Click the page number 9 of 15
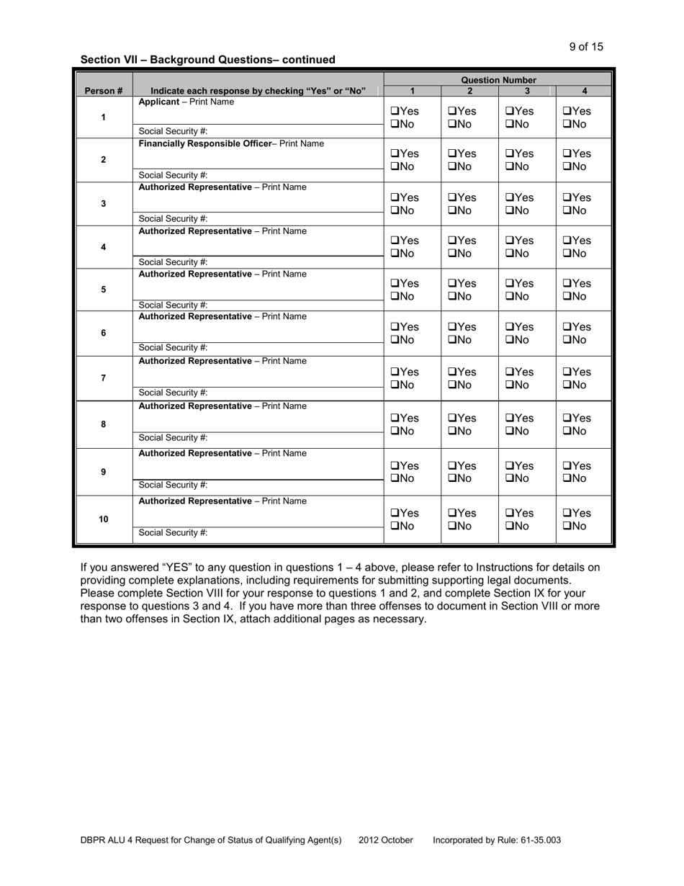[585, 47]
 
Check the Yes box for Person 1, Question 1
[394, 112]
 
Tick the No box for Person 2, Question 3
[509, 167]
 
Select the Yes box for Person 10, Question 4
[567, 514]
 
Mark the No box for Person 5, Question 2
[451, 297]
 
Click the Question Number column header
[498, 80]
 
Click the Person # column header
[104, 91]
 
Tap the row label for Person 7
[104, 378]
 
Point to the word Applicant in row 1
[158, 102]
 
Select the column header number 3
[527, 91]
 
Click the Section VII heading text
[207, 60]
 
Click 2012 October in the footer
[386, 840]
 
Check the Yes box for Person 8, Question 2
[451, 419]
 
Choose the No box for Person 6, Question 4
[567, 340]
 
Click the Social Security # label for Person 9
[173, 485]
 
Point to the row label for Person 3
[104, 204]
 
